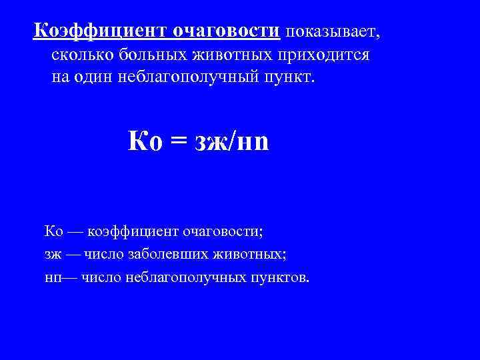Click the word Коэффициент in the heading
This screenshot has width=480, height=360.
point(100,31)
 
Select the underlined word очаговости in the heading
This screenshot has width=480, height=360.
point(227,31)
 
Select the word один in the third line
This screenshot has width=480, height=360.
point(93,78)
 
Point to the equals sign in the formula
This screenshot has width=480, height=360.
point(177,141)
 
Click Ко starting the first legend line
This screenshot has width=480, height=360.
point(53,231)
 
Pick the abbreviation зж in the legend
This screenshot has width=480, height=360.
point(52,255)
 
